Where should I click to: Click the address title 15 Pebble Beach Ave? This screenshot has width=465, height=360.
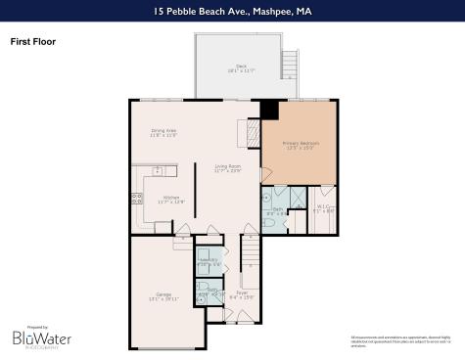point(232,12)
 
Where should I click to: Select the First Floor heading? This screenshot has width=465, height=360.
point(32,43)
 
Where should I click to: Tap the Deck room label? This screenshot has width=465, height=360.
point(241,68)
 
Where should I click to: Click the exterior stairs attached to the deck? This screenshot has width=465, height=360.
point(288,66)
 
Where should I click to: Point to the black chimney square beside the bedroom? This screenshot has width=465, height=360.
point(269,109)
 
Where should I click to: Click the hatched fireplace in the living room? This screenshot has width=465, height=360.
point(253,132)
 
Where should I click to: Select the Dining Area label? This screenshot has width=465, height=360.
point(163,133)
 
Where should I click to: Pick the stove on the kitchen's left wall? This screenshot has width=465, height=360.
point(136,198)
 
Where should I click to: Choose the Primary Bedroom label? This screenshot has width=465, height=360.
point(301,146)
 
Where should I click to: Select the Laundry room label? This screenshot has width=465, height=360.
point(209,261)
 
